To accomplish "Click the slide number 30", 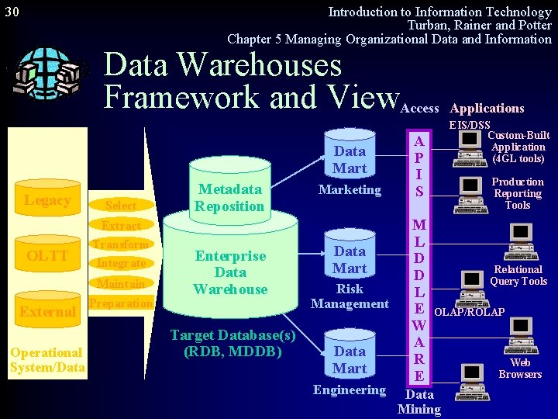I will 12,12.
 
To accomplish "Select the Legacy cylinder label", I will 47,201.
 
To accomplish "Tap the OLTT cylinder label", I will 47,256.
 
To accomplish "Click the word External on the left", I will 47,312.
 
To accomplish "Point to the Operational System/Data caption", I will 47,360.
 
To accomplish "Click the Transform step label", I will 120,244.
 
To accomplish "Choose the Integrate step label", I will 121,264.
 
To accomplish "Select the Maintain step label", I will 121,283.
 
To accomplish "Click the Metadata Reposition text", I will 229,198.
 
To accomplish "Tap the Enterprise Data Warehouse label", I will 230,272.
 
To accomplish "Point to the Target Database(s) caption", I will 232,343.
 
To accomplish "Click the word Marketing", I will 350,189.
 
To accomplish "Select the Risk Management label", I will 350,296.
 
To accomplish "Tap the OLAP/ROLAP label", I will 469,312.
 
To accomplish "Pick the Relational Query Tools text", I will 518,275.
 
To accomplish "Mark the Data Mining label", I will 419,402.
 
